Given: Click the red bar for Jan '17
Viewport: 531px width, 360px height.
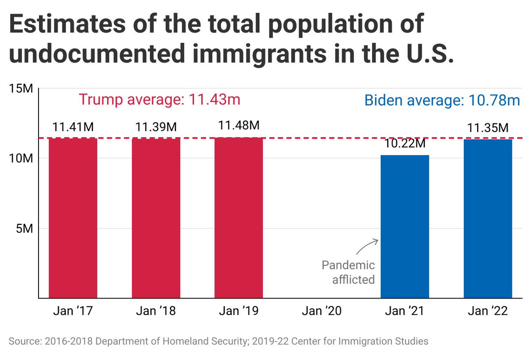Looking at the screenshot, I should (73, 218).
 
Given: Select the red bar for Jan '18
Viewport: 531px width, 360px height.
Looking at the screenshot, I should (156, 218).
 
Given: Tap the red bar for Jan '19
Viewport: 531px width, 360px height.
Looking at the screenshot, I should (239, 218).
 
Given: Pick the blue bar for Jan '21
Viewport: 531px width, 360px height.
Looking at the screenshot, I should (404, 226).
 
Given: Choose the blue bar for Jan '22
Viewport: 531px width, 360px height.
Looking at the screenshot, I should (488, 218).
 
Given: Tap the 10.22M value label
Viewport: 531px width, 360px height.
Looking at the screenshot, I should (404, 145).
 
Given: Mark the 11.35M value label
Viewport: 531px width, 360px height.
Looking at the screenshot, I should (488, 128).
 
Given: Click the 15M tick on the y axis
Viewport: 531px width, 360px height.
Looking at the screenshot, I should (21, 88).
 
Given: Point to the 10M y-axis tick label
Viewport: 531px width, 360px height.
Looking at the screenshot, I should (21, 159).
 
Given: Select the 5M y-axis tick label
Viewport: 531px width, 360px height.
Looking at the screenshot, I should (24, 228).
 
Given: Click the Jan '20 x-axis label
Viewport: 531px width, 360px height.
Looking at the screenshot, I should (322, 311).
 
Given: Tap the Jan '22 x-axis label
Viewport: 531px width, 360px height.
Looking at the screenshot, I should (488, 311).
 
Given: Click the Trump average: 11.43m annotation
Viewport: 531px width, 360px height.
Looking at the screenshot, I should (159, 99).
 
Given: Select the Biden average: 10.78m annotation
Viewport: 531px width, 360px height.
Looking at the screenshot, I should (442, 100).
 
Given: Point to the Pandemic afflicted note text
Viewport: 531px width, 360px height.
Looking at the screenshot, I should (348, 272).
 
